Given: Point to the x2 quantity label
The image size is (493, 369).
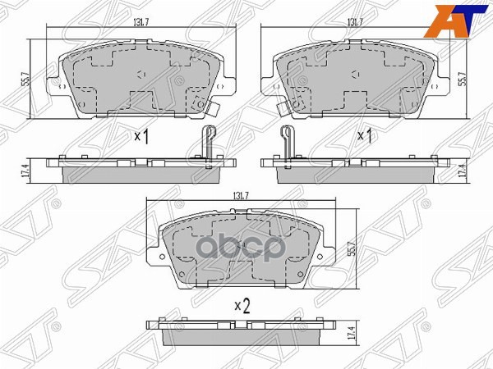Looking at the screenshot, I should [x=241, y=305].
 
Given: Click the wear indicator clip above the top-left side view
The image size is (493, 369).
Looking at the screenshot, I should [x=208, y=140].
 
